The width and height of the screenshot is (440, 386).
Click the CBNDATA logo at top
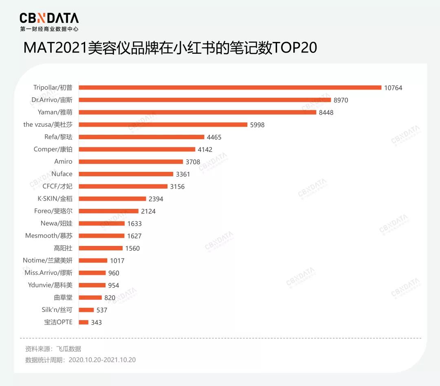tap(49, 18)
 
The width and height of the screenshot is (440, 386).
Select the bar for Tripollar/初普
tap(230, 88)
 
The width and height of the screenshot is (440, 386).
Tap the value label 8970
tap(341, 100)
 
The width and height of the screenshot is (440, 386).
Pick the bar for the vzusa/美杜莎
tap(163, 125)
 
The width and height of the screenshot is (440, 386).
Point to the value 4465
tap(214, 137)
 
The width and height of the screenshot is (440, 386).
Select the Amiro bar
tap(131, 162)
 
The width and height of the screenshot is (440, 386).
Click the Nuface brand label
tap(62, 174)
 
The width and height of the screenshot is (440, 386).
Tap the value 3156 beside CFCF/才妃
tap(177, 186)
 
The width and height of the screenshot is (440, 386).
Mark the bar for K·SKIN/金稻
tap(112, 199)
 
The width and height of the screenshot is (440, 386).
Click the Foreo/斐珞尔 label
tap(53, 211)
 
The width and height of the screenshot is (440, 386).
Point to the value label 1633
tap(134, 224)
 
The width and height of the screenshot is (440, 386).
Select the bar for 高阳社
tap(101, 248)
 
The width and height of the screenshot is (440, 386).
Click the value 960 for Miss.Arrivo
tap(114, 273)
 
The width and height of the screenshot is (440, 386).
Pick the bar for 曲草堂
tap(90, 298)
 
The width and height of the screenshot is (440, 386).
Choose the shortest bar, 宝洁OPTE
tap(84, 322)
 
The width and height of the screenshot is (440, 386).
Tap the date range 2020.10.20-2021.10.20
tap(102, 360)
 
